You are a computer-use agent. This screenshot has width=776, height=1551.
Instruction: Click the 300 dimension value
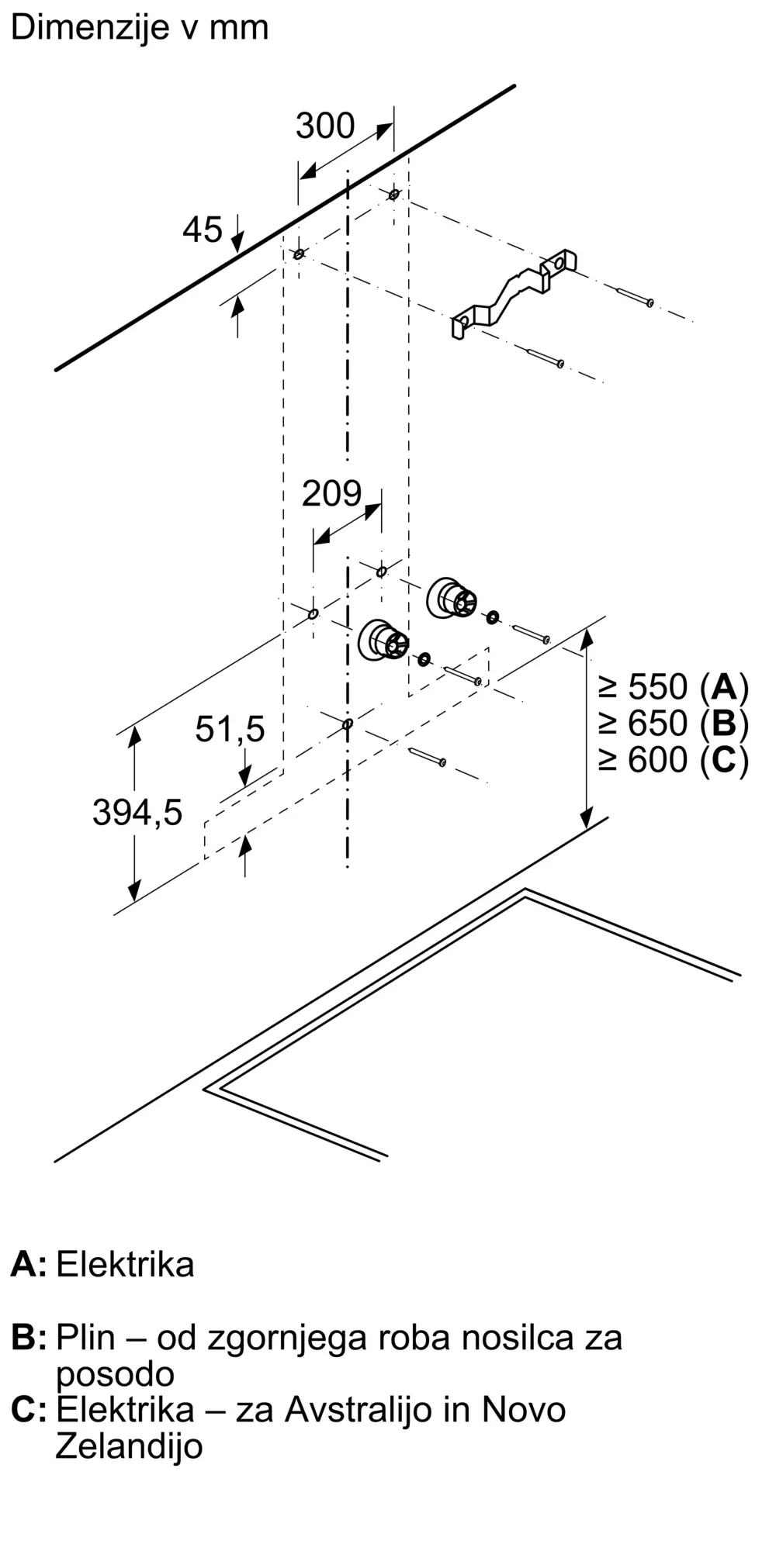[x=325, y=126]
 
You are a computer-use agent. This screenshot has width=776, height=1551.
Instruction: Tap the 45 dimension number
[x=203, y=230]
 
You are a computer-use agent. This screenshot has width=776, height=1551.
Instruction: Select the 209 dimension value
[x=331, y=493]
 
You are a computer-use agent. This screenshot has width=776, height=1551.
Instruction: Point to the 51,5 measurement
[x=230, y=729]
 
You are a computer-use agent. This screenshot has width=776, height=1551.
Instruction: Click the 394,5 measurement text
[x=137, y=812]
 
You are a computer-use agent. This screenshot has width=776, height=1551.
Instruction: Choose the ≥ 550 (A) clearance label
[x=673, y=687]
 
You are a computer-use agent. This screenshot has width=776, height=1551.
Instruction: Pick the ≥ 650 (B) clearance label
[x=673, y=724]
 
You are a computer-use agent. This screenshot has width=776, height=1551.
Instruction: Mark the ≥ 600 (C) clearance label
[x=673, y=759]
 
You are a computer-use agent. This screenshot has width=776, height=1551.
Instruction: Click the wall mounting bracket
[x=514, y=293]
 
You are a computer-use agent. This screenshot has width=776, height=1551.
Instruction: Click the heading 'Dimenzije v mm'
[x=140, y=27]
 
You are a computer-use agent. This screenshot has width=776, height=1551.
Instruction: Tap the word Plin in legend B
[x=85, y=1338]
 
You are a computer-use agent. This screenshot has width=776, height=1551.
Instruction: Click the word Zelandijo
[x=129, y=1446]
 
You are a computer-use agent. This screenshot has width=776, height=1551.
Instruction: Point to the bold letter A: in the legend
[x=29, y=1265]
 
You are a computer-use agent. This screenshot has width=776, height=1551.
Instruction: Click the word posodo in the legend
[x=115, y=1376]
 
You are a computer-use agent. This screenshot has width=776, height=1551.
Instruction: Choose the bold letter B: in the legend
[x=29, y=1338]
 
